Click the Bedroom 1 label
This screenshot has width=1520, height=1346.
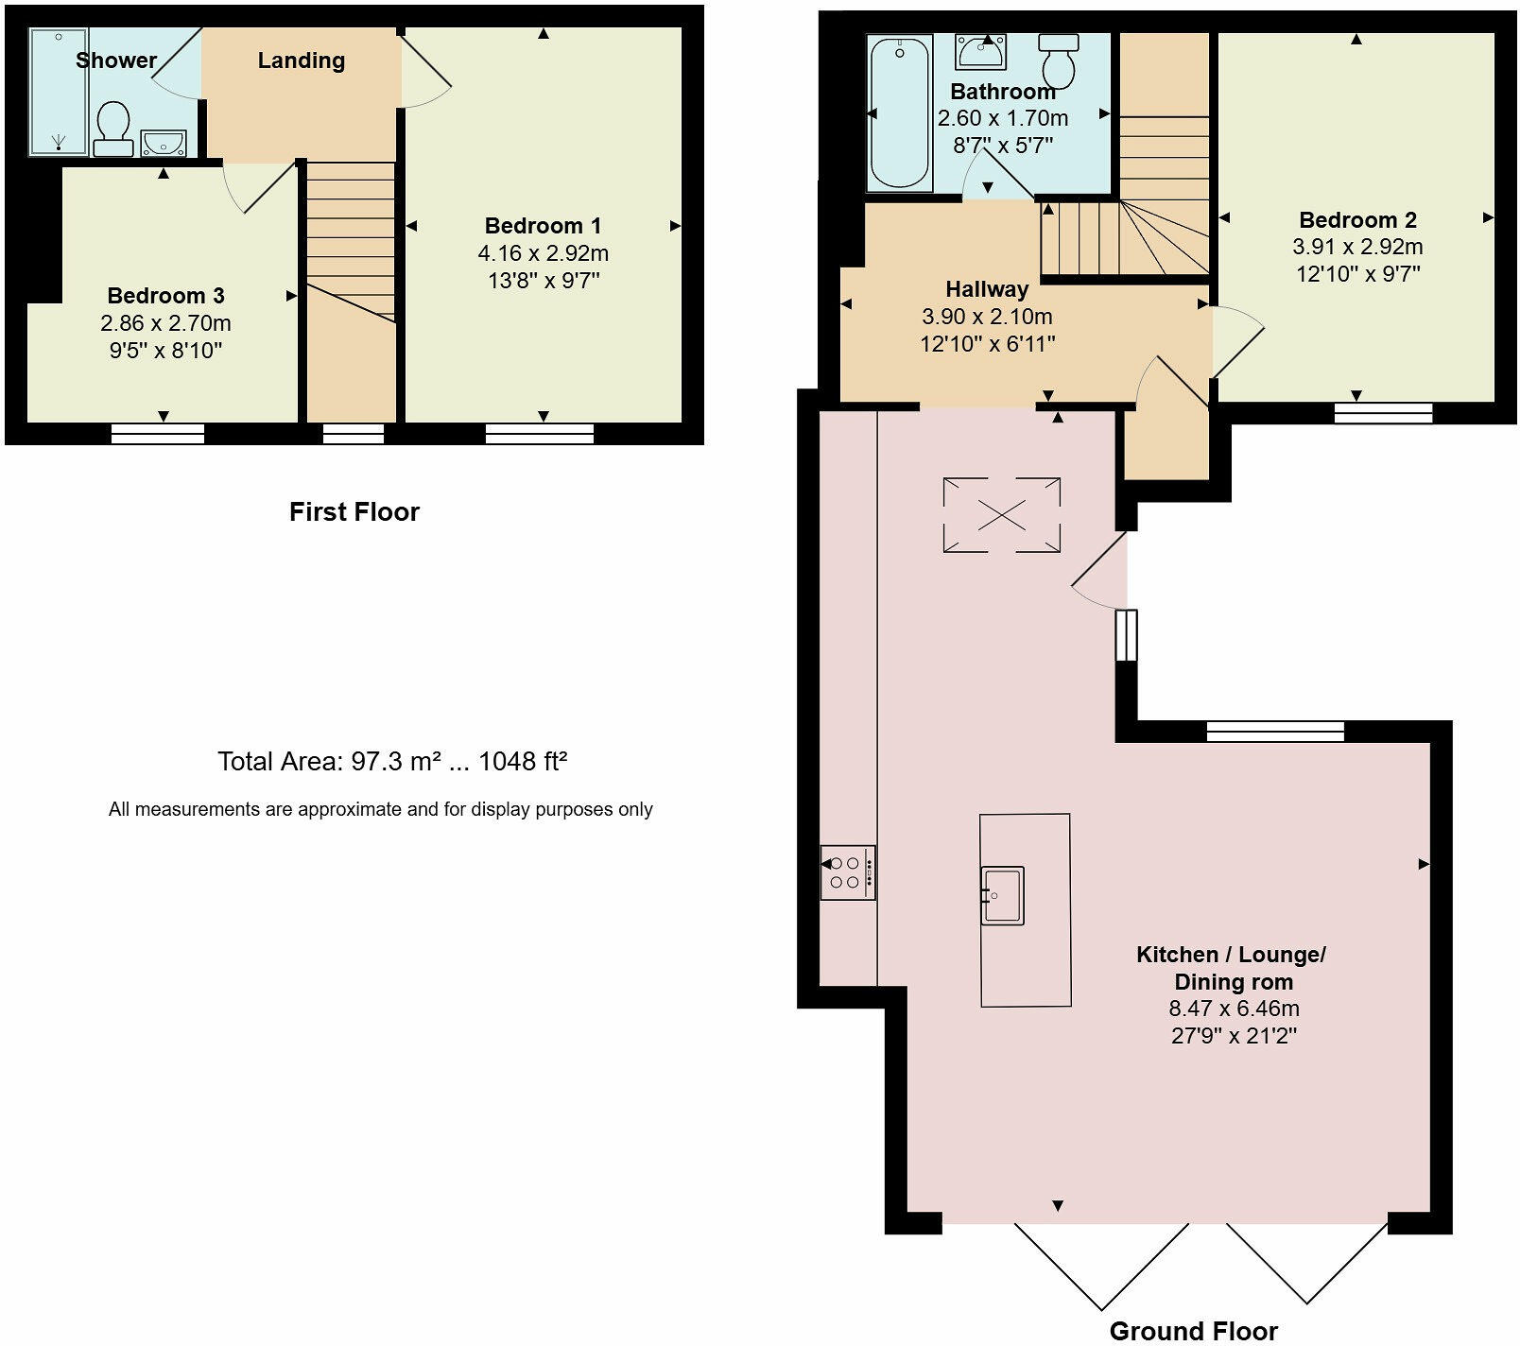(x=543, y=226)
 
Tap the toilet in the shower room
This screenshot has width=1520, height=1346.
(x=113, y=129)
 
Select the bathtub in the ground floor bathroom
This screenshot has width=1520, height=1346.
(x=899, y=112)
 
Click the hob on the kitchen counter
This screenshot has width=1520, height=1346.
(x=848, y=872)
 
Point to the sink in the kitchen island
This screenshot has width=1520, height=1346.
(x=1002, y=895)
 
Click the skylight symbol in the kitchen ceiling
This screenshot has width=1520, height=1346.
(x=1001, y=515)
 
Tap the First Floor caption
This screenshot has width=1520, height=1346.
(x=354, y=512)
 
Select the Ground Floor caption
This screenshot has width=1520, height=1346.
(x=1193, y=1331)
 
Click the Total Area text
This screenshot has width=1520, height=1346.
(x=392, y=762)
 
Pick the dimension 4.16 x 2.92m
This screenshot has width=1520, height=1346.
(x=544, y=253)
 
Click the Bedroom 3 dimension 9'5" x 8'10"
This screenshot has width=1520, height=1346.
(x=165, y=351)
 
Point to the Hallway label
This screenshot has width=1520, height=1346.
(x=987, y=289)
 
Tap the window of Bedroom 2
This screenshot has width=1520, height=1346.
(x=1383, y=412)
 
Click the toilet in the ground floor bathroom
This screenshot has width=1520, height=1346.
(x=1059, y=60)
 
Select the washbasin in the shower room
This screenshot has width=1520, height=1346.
(x=164, y=144)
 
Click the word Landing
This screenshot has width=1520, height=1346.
(x=302, y=60)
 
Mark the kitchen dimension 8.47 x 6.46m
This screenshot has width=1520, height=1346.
(x=1234, y=1009)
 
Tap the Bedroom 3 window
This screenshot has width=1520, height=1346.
(x=158, y=434)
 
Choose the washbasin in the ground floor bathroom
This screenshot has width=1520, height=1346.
(x=980, y=52)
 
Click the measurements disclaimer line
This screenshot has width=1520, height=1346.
(x=381, y=809)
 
